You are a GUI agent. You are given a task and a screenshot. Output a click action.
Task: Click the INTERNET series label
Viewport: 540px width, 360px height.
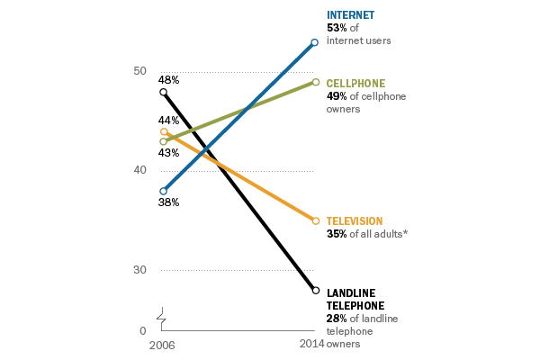[349, 15]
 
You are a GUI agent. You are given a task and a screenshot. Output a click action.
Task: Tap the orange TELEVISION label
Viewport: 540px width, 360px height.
[354, 220]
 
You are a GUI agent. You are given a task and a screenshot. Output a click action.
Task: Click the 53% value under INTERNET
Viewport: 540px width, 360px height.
[336, 28]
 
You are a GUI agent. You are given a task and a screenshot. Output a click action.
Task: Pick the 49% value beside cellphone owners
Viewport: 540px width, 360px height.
[336, 96]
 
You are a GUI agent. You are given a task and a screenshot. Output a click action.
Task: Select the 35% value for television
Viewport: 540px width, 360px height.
[336, 233]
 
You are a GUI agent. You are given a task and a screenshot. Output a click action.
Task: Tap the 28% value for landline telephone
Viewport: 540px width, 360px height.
[336, 319]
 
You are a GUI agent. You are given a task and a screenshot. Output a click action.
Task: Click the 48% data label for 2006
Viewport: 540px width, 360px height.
[168, 80]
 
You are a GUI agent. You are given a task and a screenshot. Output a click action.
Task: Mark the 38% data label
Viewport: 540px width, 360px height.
[168, 202]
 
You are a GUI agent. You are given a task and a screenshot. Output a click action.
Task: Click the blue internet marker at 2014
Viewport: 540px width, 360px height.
[314, 42]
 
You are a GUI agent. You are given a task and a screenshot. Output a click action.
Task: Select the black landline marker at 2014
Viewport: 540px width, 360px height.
[314, 290]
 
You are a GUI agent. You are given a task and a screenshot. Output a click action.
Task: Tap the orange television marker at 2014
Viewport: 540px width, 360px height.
[314, 220]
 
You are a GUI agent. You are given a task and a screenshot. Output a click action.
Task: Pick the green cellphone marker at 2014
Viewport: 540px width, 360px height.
[314, 82]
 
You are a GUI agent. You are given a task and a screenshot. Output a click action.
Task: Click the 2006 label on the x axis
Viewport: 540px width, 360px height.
[161, 344]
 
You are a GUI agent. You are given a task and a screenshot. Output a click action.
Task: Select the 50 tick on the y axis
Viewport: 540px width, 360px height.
[139, 71]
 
